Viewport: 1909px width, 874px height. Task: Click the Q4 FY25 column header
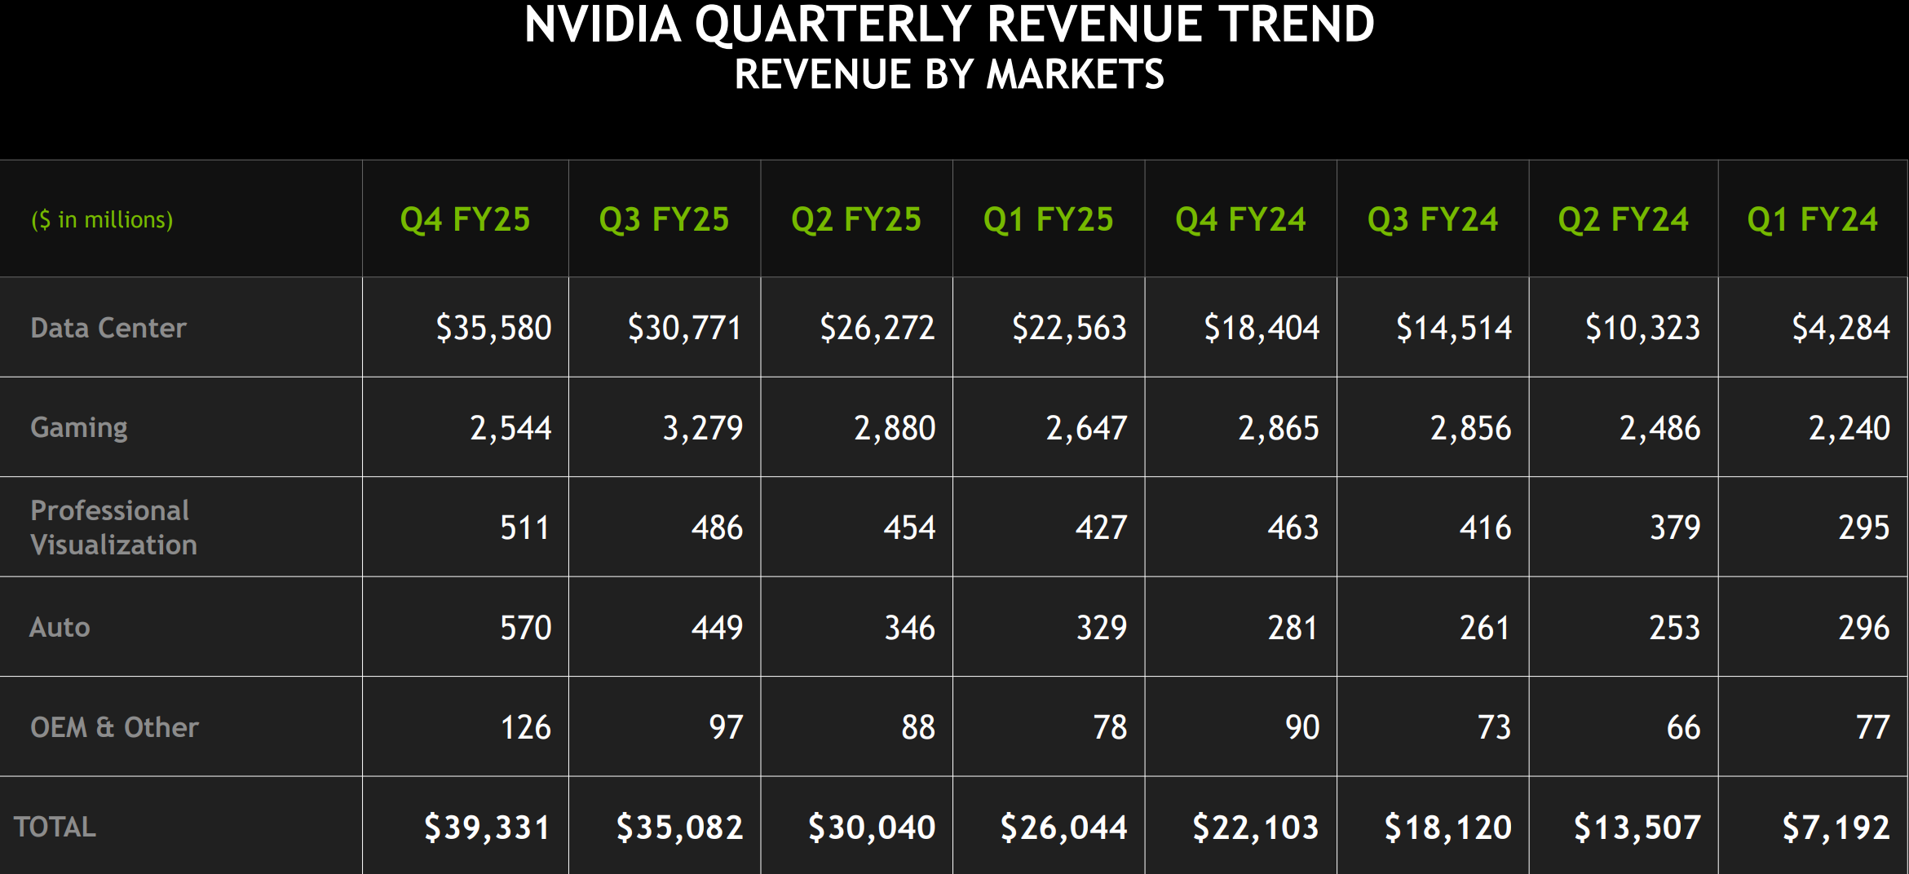(465, 219)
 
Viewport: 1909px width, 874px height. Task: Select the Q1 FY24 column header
(1812, 219)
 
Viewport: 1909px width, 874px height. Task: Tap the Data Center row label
(108, 328)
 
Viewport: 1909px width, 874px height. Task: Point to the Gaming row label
(79, 427)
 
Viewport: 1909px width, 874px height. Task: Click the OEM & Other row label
(114, 727)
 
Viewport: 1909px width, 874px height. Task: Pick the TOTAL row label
(55, 827)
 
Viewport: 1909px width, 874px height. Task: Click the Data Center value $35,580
(493, 328)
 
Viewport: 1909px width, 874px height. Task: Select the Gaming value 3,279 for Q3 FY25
(702, 428)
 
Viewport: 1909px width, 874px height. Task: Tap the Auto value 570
(525, 628)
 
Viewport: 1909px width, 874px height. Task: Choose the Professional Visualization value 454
(909, 527)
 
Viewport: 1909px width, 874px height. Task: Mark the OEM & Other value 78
(1110, 727)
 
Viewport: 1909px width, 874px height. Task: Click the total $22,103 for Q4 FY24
(1255, 828)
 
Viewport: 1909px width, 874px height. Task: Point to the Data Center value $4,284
(1841, 328)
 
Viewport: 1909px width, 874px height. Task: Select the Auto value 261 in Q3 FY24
(1484, 628)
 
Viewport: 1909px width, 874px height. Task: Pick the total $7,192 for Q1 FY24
(1836, 828)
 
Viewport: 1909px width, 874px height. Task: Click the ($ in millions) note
(102, 220)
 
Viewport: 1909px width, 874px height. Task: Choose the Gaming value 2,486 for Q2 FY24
(1659, 428)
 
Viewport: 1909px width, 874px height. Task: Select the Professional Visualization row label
(113, 527)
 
